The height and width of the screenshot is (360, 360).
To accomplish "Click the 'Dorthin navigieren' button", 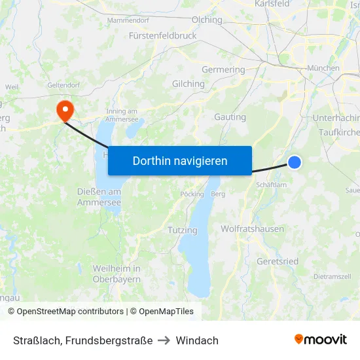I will point(180,160).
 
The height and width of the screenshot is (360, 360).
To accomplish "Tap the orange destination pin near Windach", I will point(65,110).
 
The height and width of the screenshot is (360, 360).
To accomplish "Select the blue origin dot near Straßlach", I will point(295,162).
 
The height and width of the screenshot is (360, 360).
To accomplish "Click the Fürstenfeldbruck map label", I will point(163,35).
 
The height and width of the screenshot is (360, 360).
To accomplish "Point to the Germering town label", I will point(223,69).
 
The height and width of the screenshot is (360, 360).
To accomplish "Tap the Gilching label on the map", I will point(188,84).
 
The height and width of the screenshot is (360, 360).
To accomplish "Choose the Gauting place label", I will point(230,117).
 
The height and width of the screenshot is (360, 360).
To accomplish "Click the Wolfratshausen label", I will point(252,229).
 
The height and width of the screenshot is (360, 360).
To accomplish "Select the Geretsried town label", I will point(278,261).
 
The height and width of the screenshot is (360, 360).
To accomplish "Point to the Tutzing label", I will point(182,230).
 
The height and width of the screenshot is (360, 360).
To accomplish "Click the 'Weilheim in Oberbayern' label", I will point(117,274).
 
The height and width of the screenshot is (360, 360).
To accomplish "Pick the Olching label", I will point(206,20).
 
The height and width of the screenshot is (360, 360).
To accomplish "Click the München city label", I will point(323,67).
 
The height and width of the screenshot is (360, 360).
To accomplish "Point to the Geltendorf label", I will point(63,84).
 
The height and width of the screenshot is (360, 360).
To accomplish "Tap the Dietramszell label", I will point(332,277).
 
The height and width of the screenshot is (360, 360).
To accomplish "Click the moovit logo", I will point(320,340).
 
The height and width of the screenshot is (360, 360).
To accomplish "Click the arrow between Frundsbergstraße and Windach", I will point(164,340).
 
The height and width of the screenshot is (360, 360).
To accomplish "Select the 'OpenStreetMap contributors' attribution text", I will point(70,312).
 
